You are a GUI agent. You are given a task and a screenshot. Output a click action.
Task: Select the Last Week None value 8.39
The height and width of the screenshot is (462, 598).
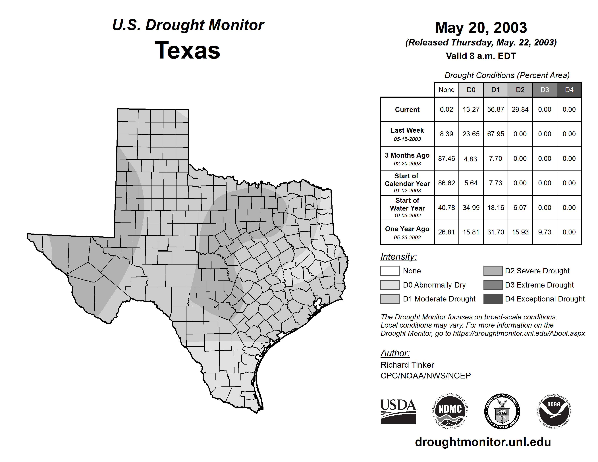[x=446, y=134]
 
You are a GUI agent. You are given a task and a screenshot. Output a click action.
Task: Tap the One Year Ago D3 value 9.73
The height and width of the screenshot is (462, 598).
[x=544, y=232]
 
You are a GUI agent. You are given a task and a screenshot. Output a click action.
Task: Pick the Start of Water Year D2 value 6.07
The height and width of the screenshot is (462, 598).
[x=520, y=208]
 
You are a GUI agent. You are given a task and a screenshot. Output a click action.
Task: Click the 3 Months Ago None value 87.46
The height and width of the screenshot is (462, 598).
[x=446, y=159]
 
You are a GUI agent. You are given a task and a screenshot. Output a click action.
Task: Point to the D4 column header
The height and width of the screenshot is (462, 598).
[x=569, y=90]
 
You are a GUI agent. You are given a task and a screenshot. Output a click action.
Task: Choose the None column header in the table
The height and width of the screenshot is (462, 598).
[x=446, y=90]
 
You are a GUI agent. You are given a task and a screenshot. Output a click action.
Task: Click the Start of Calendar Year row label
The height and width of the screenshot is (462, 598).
[x=407, y=183]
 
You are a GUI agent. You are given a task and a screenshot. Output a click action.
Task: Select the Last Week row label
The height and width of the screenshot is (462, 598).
[x=407, y=134]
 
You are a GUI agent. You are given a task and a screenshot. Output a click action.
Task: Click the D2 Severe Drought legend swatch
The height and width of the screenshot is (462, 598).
[x=493, y=271]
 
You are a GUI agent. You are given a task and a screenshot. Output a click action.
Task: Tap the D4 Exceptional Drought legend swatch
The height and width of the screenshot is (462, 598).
[x=493, y=299]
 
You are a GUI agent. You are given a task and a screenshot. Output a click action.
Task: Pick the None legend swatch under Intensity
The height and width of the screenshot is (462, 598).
[x=390, y=271]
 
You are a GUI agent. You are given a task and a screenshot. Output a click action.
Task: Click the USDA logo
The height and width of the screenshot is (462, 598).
[x=398, y=411]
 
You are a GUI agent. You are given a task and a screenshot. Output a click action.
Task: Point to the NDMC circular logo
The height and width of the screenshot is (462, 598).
[x=450, y=411]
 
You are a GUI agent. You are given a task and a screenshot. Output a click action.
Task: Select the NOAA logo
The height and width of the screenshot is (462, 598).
[x=554, y=411]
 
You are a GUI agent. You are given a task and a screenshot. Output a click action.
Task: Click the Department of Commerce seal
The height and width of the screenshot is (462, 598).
[x=502, y=411]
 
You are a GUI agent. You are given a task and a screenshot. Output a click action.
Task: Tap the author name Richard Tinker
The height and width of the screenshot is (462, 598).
[x=407, y=365]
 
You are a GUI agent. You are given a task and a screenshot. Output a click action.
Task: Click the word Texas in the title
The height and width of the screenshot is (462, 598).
[x=187, y=50]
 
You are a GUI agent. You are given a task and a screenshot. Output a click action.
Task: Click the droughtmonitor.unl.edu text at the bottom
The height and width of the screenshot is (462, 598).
[x=483, y=442]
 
